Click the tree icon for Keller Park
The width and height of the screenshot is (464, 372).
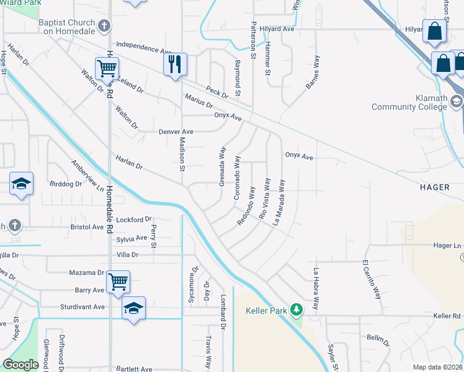[297, 309]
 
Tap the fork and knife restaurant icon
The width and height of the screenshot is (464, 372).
[175, 63]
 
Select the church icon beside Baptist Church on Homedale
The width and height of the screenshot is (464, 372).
[105, 26]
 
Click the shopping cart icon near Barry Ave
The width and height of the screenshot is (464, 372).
[118, 281]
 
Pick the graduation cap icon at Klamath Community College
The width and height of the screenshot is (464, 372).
[456, 101]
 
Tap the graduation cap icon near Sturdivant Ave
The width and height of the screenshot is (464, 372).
[133, 308]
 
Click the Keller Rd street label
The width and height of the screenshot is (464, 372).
[447, 316]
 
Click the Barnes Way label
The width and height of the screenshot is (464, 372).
[313, 73]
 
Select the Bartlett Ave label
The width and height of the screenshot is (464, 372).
[133, 369]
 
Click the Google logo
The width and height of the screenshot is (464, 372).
[20, 364]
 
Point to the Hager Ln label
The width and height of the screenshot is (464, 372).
[447, 246]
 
